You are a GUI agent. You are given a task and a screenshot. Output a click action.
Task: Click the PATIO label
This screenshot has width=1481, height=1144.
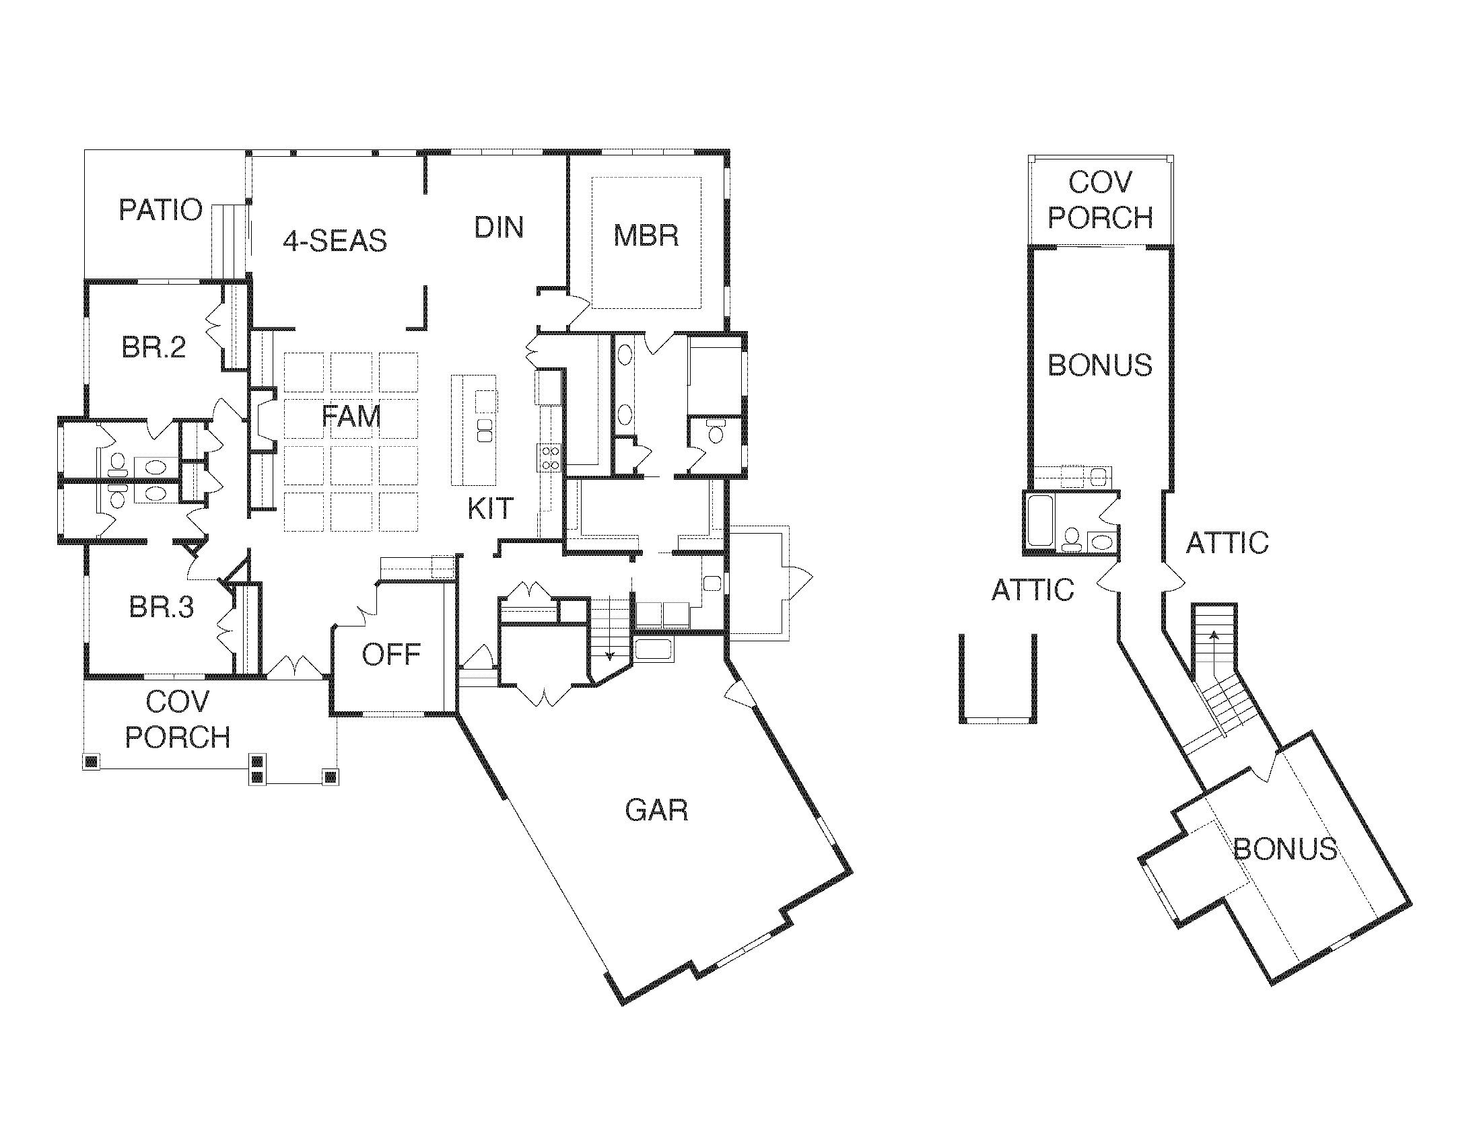tap(161, 210)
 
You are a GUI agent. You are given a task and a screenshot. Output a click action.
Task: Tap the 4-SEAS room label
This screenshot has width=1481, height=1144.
tap(335, 241)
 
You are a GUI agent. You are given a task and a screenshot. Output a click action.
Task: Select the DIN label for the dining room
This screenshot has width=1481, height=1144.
tap(499, 227)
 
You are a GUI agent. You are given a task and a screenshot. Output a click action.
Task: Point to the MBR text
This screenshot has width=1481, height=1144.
tap(646, 236)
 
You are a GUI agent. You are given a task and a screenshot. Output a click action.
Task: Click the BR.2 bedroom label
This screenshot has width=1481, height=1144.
tap(153, 348)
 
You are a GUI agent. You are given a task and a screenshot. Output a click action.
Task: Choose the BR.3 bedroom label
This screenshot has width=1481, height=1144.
tap(162, 607)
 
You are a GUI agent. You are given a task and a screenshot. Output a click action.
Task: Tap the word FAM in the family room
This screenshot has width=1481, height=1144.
tap(351, 416)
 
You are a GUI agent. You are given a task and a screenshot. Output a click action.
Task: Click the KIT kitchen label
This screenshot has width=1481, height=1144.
tap(490, 508)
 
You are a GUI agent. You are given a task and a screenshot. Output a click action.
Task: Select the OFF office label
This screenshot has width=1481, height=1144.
tap(391, 655)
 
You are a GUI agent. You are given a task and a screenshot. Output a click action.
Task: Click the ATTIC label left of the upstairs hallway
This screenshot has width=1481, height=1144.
tap(1032, 590)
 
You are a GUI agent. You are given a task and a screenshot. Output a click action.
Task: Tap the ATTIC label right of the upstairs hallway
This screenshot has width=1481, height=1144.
tap(1227, 544)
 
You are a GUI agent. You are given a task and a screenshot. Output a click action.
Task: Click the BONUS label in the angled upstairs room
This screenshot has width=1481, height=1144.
tap(1284, 849)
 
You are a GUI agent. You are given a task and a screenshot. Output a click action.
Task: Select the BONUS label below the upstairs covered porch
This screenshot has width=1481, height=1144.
tap(1100, 366)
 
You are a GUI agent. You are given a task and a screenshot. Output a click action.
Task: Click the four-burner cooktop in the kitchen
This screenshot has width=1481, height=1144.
tap(550, 458)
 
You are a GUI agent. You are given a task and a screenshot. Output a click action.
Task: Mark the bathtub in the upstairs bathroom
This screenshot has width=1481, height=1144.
tap(1039, 520)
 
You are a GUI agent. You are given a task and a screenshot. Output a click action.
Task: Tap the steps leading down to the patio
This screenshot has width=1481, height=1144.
tap(227, 241)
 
